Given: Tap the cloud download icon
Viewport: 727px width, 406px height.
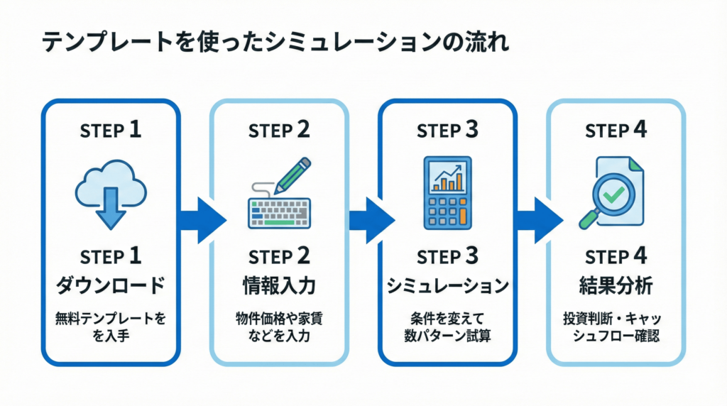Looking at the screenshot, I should coord(111,192).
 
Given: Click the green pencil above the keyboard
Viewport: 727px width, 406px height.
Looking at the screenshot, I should coord(292,175).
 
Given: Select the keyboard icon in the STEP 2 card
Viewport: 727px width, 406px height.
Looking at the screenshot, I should coord(279,212).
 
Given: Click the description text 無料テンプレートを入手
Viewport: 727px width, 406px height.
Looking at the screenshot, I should coord(111,327).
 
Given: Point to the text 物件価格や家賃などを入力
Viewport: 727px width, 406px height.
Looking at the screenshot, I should coord(279,327).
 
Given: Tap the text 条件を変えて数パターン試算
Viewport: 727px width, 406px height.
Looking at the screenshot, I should coord(447,327).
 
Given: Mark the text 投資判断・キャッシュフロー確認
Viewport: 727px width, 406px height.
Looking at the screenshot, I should coord(616,327).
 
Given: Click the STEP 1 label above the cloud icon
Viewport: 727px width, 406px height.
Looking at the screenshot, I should coord(111,130).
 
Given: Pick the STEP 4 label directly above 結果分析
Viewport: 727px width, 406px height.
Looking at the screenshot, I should coord(616,256).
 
